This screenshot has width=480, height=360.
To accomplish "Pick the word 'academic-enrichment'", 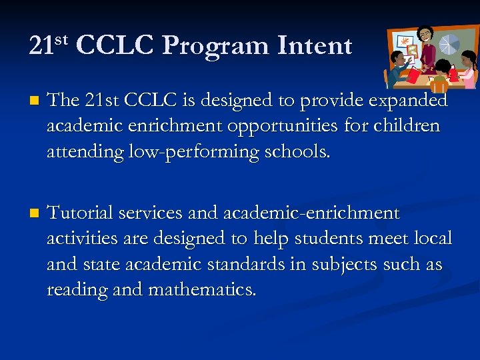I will coord(310,213).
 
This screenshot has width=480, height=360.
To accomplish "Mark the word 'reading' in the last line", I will coord(74,290).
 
